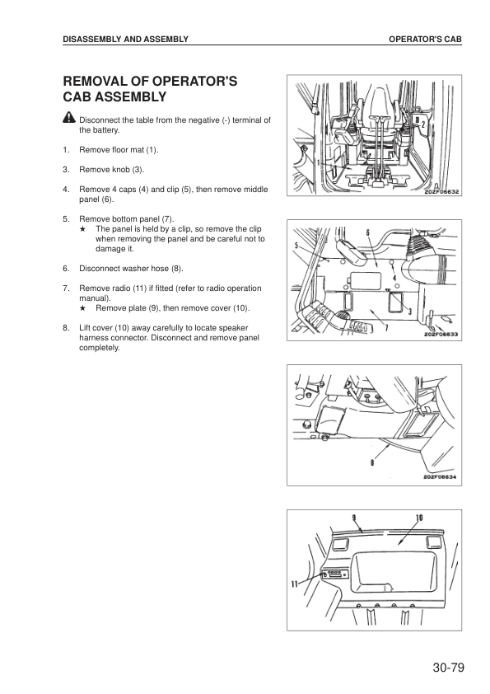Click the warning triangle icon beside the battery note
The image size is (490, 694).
[x=69, y=117]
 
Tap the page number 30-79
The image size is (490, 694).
[x=449, y=668]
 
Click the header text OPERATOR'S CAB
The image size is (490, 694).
[x=425, y=40]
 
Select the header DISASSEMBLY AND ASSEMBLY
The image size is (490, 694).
[x=126, y=40]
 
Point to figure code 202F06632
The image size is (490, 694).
[x=441, y=192]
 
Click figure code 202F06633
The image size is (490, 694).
[x=441, y=335]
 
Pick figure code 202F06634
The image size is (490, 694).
[x=440, y=477]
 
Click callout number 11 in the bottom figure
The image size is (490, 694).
[x=294, y=584]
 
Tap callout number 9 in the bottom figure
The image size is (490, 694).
[x=354, y=518]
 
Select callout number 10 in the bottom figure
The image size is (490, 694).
[x=419, y=518]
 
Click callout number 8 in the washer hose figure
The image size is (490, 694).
[x=372, y=462]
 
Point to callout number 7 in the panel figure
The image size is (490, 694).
[x=386, y=327]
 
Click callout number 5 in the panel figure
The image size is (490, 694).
[x=296, y=245]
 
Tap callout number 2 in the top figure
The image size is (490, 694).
[x=422, y=124]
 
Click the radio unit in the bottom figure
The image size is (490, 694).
[x=336, y=574]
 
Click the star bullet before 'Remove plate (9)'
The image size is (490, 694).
[x=82, y=308]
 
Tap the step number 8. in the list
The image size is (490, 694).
[x=67, y=328]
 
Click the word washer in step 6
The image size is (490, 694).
[x=134, y=269]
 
